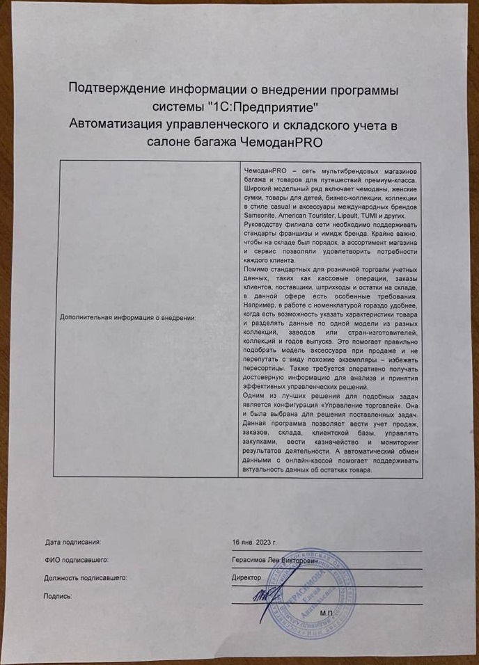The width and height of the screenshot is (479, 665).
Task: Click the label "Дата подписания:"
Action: click(x=73, y=540)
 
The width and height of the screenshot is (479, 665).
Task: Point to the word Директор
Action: click(x=246, y=577)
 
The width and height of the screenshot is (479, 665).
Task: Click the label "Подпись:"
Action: click(x=57, y=595)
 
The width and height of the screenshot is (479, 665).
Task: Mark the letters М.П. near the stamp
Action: click(x=327, y=613)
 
